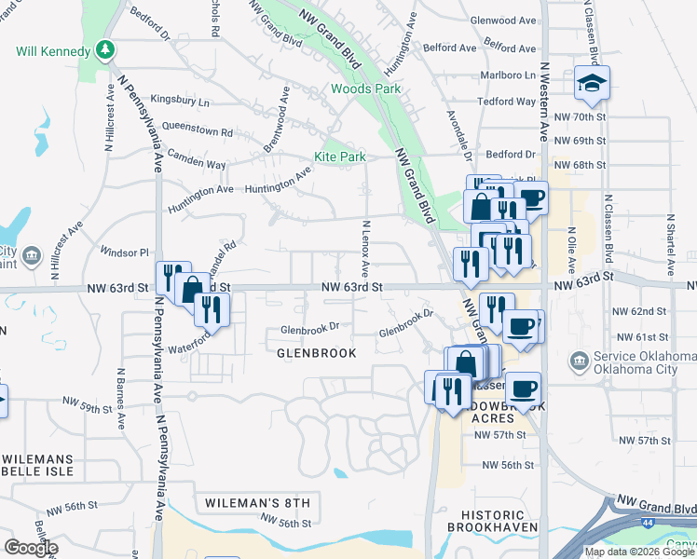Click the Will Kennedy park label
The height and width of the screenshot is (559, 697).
point(52,50)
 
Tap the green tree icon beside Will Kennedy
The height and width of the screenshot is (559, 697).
point(108,49)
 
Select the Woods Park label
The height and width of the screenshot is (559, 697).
point(365,89)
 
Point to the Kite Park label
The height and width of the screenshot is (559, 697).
point(339,157)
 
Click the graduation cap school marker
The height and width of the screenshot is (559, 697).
point(592,84)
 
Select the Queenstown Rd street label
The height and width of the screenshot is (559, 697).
point(197,129)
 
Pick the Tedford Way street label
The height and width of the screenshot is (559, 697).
point(506,102)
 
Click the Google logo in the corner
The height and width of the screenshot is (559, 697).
point(31,548)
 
